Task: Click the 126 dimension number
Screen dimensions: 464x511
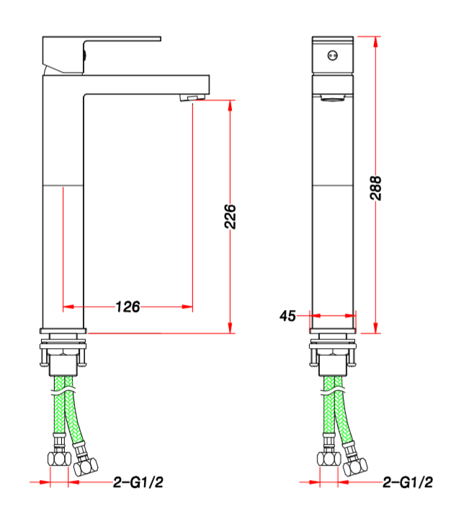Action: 128,306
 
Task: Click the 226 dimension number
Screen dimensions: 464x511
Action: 230,216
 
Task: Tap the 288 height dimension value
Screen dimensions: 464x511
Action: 375,187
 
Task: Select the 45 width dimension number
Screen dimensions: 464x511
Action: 287,316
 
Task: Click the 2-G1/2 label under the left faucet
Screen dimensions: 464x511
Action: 138,482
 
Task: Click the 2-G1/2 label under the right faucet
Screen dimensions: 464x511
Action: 408,482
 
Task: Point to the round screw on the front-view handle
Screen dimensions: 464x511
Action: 332,55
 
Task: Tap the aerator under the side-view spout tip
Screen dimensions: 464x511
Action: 192,97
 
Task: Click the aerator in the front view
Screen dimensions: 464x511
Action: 332,97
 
